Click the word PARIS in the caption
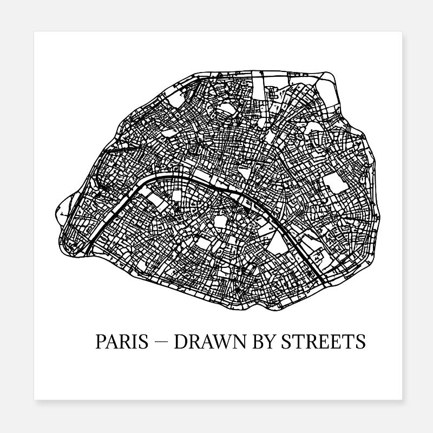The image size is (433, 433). pyautogui.click(x=122, y=342)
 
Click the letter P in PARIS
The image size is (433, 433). pyautogui.click(x=100, y=342)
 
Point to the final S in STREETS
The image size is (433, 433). pyautogui.click(x=360, y=342)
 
